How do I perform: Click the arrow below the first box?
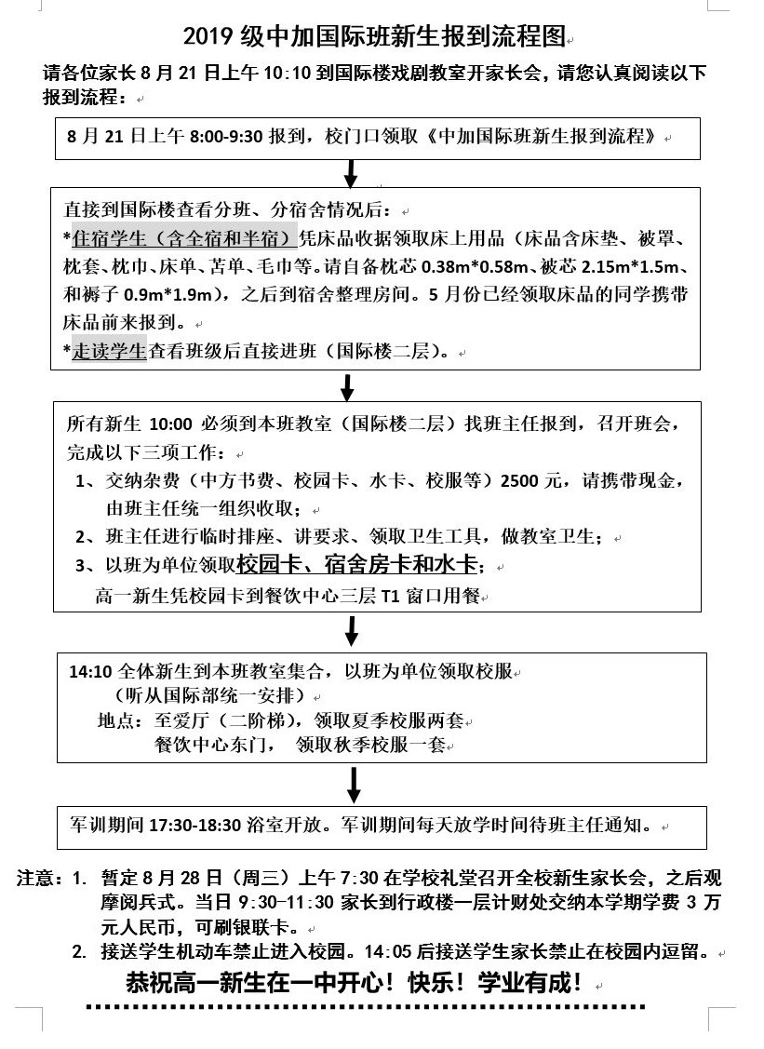coord(351,173)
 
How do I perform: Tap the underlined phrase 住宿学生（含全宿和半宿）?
coord(184,237)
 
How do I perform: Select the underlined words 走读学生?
coord(109,353)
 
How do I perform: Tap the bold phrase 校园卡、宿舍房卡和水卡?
coord(357,564)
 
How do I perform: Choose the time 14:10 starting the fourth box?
coord(89,670)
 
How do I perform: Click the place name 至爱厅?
coord(174,721)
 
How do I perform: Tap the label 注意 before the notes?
coord(37,879)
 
